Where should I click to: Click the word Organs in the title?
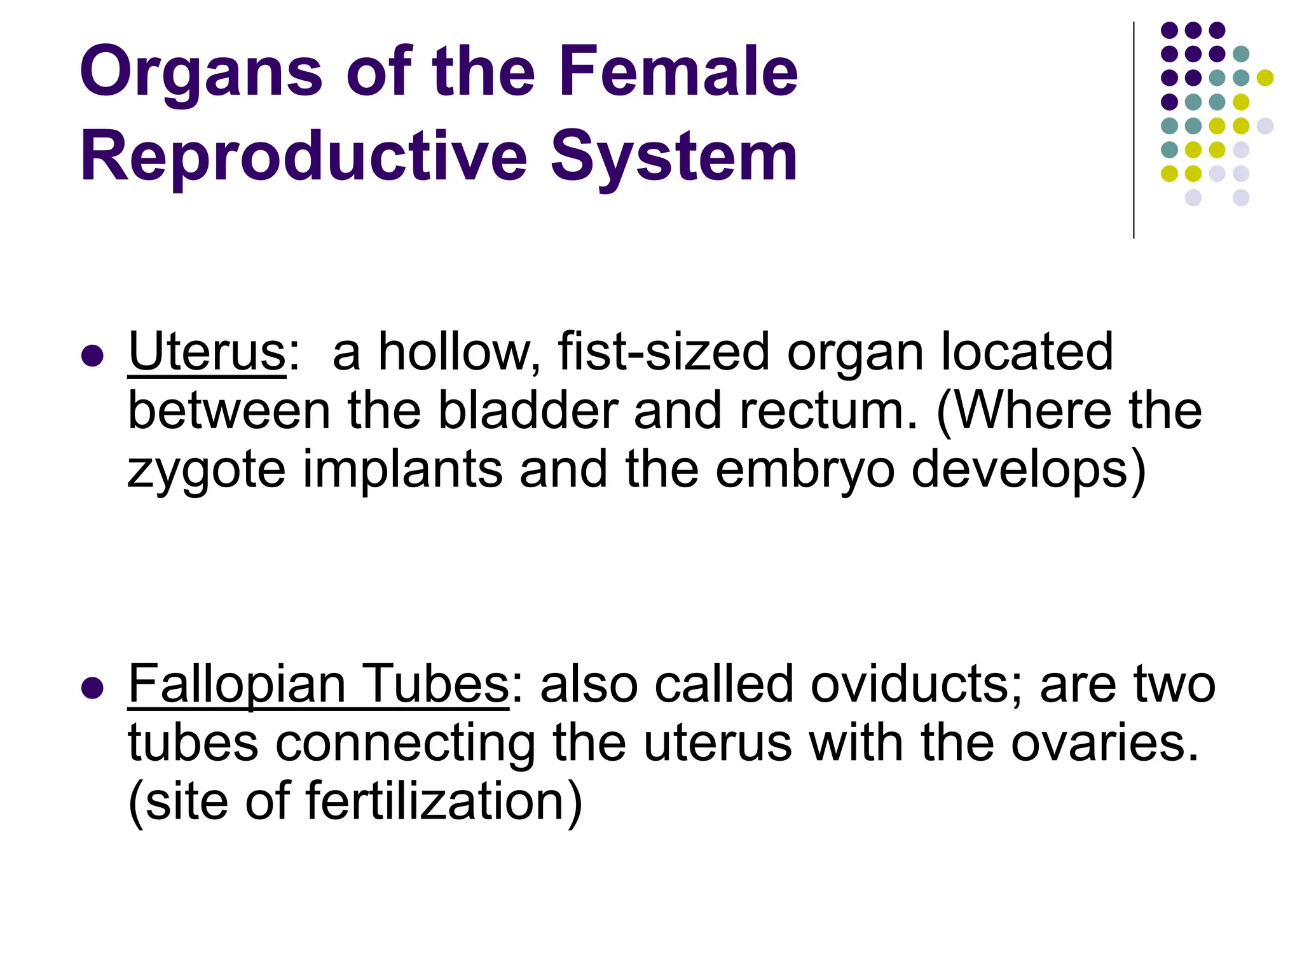pyautogui.click(x=201, y=73)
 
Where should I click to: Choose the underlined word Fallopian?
pyautogui.click(x=237, y=684)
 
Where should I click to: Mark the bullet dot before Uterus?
pyautogui.click(x=93, y=356)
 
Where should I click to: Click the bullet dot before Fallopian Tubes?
pyautogui.click(x=93, y=688)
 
